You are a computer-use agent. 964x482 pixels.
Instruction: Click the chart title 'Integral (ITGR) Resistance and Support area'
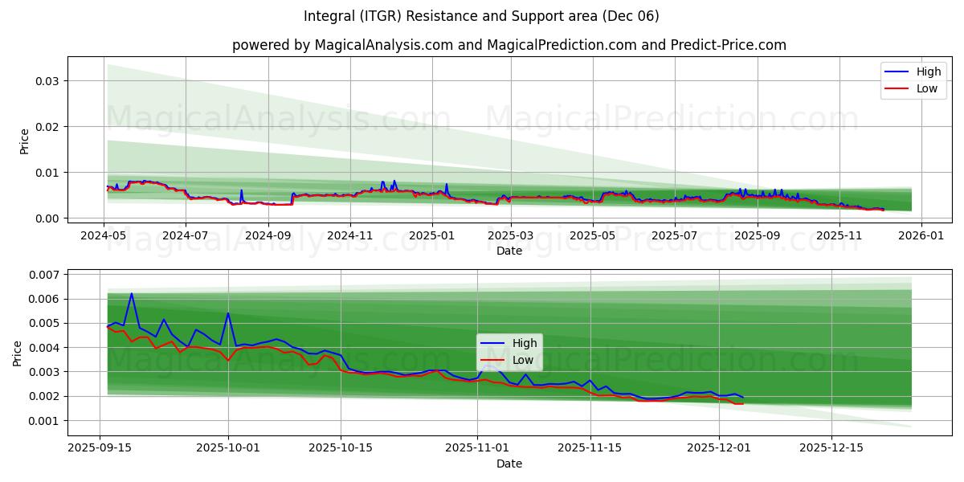[481, 16]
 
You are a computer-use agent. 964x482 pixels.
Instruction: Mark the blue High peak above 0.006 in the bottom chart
[132, 294]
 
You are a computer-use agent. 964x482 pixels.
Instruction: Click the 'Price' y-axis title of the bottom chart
[18, 353]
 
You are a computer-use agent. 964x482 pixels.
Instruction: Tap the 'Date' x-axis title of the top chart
[509, 251]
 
